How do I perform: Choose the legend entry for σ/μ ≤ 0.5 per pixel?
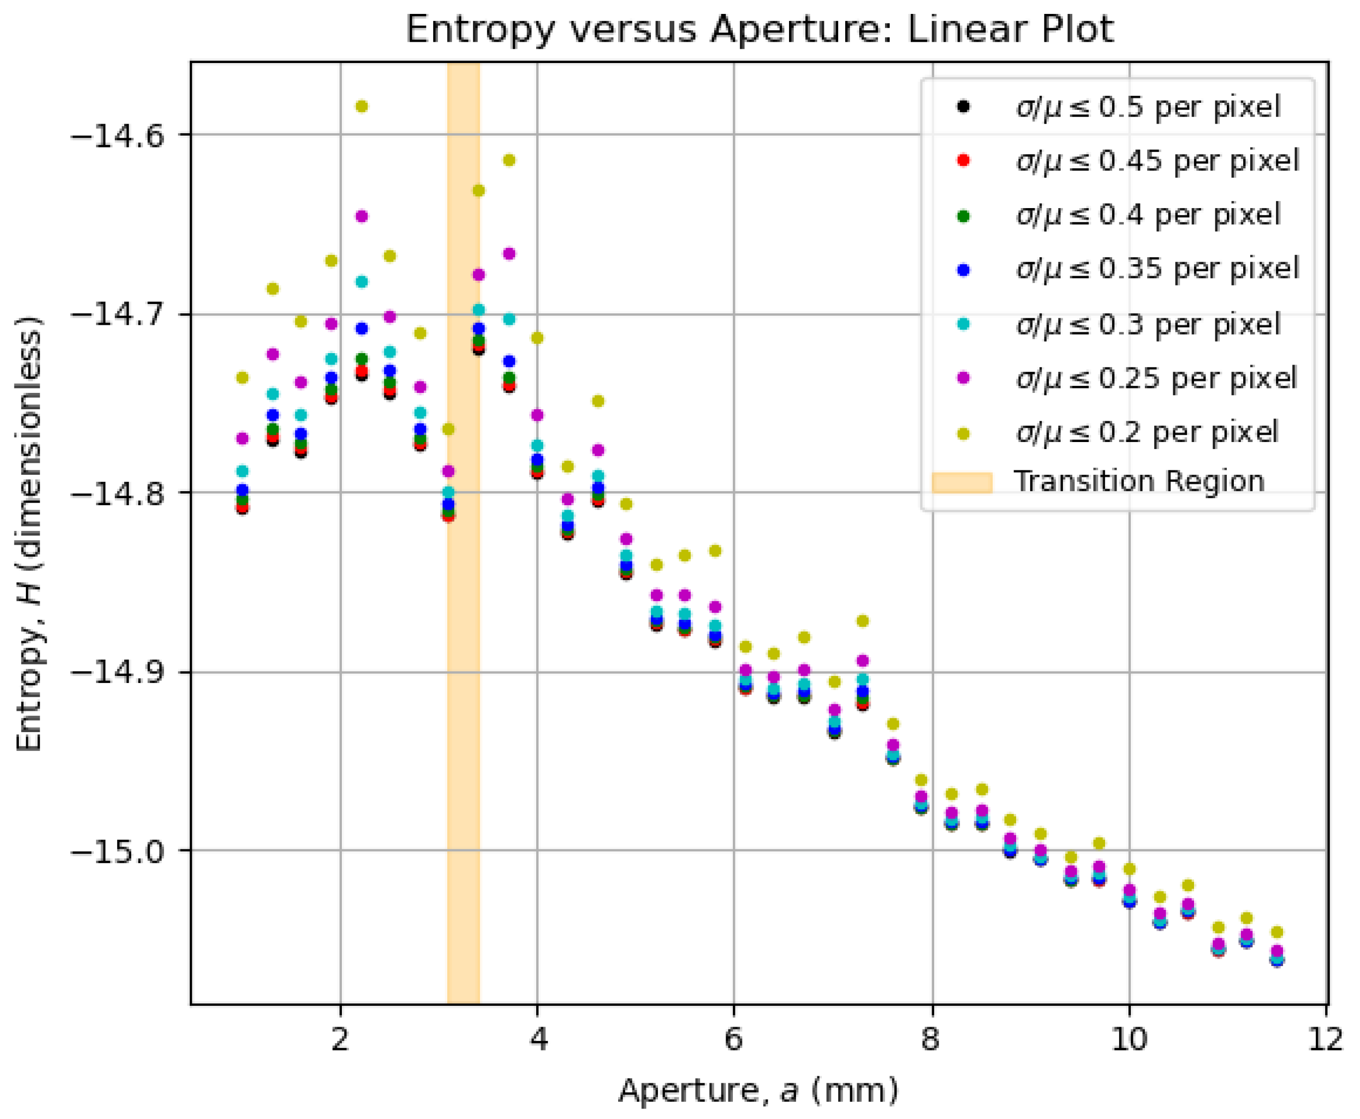(x=1148, y=107)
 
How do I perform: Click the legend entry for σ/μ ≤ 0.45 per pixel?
(x=1157, y=160)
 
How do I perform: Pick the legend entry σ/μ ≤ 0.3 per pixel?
(x=1148, y=324)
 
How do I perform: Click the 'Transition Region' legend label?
(x=1139, y=481)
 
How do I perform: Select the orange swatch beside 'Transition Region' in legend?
(x=961, y=482)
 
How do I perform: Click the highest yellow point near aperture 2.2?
(x=362, y=106)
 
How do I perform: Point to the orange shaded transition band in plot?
(x=463, y=709)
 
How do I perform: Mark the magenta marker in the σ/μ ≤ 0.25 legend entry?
(x=963, y=378)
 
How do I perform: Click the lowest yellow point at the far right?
(x=1277, y=932)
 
